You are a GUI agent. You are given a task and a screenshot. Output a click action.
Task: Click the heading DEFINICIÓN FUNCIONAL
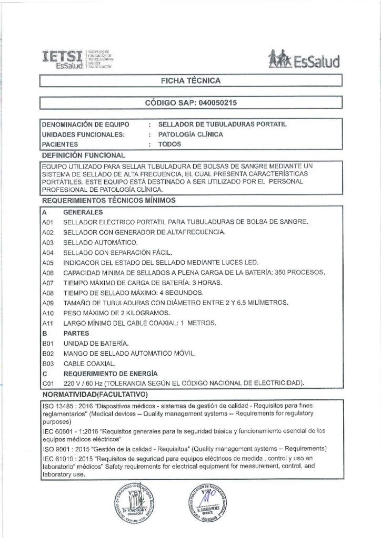(83, 155)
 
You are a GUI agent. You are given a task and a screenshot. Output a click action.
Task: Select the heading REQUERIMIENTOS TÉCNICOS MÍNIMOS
(108, 200)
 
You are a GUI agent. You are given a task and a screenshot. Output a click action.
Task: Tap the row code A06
(48, 273)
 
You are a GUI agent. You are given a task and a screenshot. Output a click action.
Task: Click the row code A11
(48, 322)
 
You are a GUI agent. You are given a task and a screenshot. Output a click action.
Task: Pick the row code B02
(48, 353)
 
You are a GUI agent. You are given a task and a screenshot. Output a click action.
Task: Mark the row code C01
(48, 383)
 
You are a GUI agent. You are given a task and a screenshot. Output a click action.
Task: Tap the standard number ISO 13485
(59, 406)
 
